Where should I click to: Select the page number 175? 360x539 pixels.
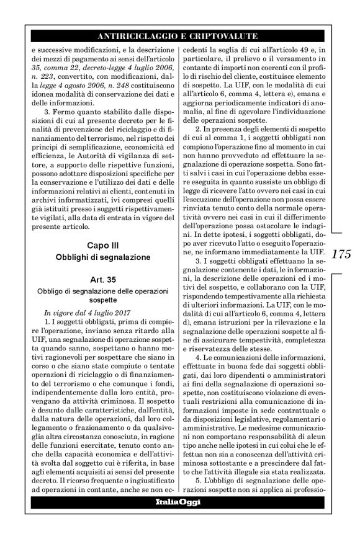(x=342, y=256)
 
